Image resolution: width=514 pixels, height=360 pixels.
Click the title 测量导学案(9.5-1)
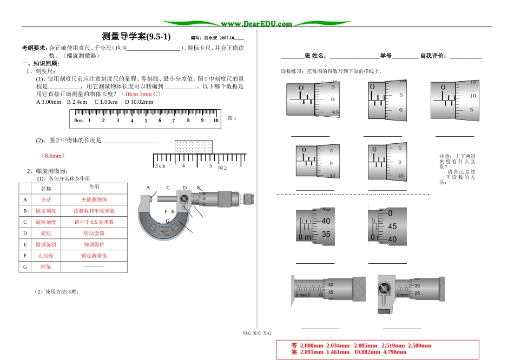[136, 37]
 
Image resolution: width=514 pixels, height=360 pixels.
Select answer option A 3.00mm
[49, 102]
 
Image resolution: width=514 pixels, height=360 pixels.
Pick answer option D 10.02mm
[139, 102]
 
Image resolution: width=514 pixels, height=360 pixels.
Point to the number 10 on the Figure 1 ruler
[215, 121]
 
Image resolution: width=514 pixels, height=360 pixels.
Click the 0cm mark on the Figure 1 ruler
[78, 121]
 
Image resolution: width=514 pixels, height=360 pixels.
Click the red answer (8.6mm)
[52, 156]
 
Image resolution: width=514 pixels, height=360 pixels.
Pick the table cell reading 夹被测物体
[94, 199]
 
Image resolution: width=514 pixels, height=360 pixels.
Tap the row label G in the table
[24, 267]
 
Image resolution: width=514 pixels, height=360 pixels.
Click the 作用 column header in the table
[94, 187]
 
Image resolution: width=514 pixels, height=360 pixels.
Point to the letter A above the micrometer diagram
[148, 188]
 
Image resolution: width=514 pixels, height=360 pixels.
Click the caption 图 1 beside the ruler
[232, 118]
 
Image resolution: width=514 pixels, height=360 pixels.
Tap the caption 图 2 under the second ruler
[222, 168]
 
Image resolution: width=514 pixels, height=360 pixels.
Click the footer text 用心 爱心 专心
[257, 334]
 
